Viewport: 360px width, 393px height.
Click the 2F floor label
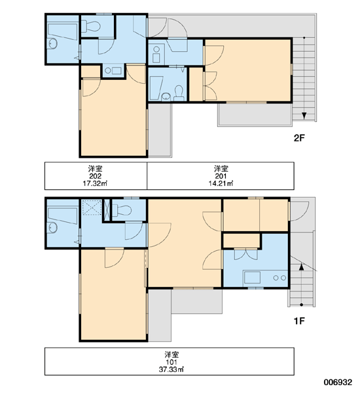[x=299, y=138]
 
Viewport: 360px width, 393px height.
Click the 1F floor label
[x=299, y=321]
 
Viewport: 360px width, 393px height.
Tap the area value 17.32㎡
[x=95, y=183]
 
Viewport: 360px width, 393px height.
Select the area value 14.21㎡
[x=221, y=183]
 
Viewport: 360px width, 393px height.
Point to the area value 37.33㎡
[x=171, y=369]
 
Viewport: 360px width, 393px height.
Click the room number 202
[x=95, y=176]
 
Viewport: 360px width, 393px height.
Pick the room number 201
[x=221, y=176]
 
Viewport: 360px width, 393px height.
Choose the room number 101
[x=171, y=362]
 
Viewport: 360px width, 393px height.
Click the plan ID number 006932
[x=338, y=383]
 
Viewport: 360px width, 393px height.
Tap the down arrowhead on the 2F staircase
[x=304, y=115]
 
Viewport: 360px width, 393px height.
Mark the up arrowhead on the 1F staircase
[x=301, y=267]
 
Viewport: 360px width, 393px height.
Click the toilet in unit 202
[x=91, y=26]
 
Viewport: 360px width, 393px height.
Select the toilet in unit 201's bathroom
[x=179, y=93]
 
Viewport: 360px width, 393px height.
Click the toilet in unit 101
[x=122, y=210]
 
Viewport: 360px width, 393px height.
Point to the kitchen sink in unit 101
[x=252, y=278]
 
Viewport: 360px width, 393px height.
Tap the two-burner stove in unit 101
[x=279, y=278]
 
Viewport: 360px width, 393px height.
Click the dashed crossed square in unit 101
[x=92, y=207]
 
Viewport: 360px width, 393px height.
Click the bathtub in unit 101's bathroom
[x=62, y=215]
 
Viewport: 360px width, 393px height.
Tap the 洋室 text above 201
[x=221, y=168]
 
